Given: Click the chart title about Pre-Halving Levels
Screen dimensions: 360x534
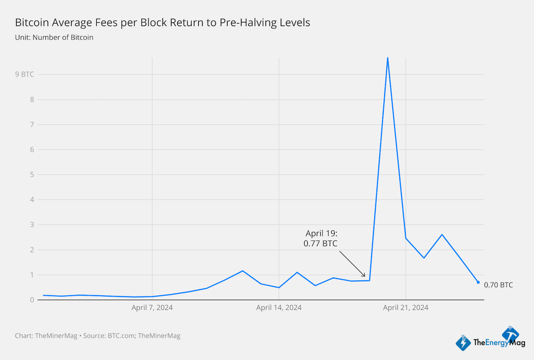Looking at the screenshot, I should point(162,22).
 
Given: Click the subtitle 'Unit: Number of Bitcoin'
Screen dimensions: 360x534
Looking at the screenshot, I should point(54,37).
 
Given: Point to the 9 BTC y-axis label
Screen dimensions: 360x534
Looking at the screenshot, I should point(24,74).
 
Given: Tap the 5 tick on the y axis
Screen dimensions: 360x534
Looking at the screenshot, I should point(31,175).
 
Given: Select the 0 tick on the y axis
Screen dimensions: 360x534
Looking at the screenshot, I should point(31,300).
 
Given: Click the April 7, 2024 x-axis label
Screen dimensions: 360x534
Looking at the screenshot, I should point(152,308).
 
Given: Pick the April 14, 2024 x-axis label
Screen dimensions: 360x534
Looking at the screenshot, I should point(279,308).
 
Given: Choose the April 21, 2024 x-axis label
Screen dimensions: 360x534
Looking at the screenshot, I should point(406,308).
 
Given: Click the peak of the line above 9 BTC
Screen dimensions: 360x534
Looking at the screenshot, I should point(387,58).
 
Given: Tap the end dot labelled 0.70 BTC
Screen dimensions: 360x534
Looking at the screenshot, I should point(478,282).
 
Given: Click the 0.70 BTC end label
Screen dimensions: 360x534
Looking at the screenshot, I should point(498,285).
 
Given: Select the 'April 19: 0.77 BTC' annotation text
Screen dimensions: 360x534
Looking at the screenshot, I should point(321,238).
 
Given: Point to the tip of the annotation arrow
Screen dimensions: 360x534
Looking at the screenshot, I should point(365,276).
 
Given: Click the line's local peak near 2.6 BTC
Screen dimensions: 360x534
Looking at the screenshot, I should point(442,234).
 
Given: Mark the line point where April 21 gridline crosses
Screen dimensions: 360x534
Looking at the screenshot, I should point(406,238).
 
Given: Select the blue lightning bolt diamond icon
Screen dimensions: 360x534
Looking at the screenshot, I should point(463,343).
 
